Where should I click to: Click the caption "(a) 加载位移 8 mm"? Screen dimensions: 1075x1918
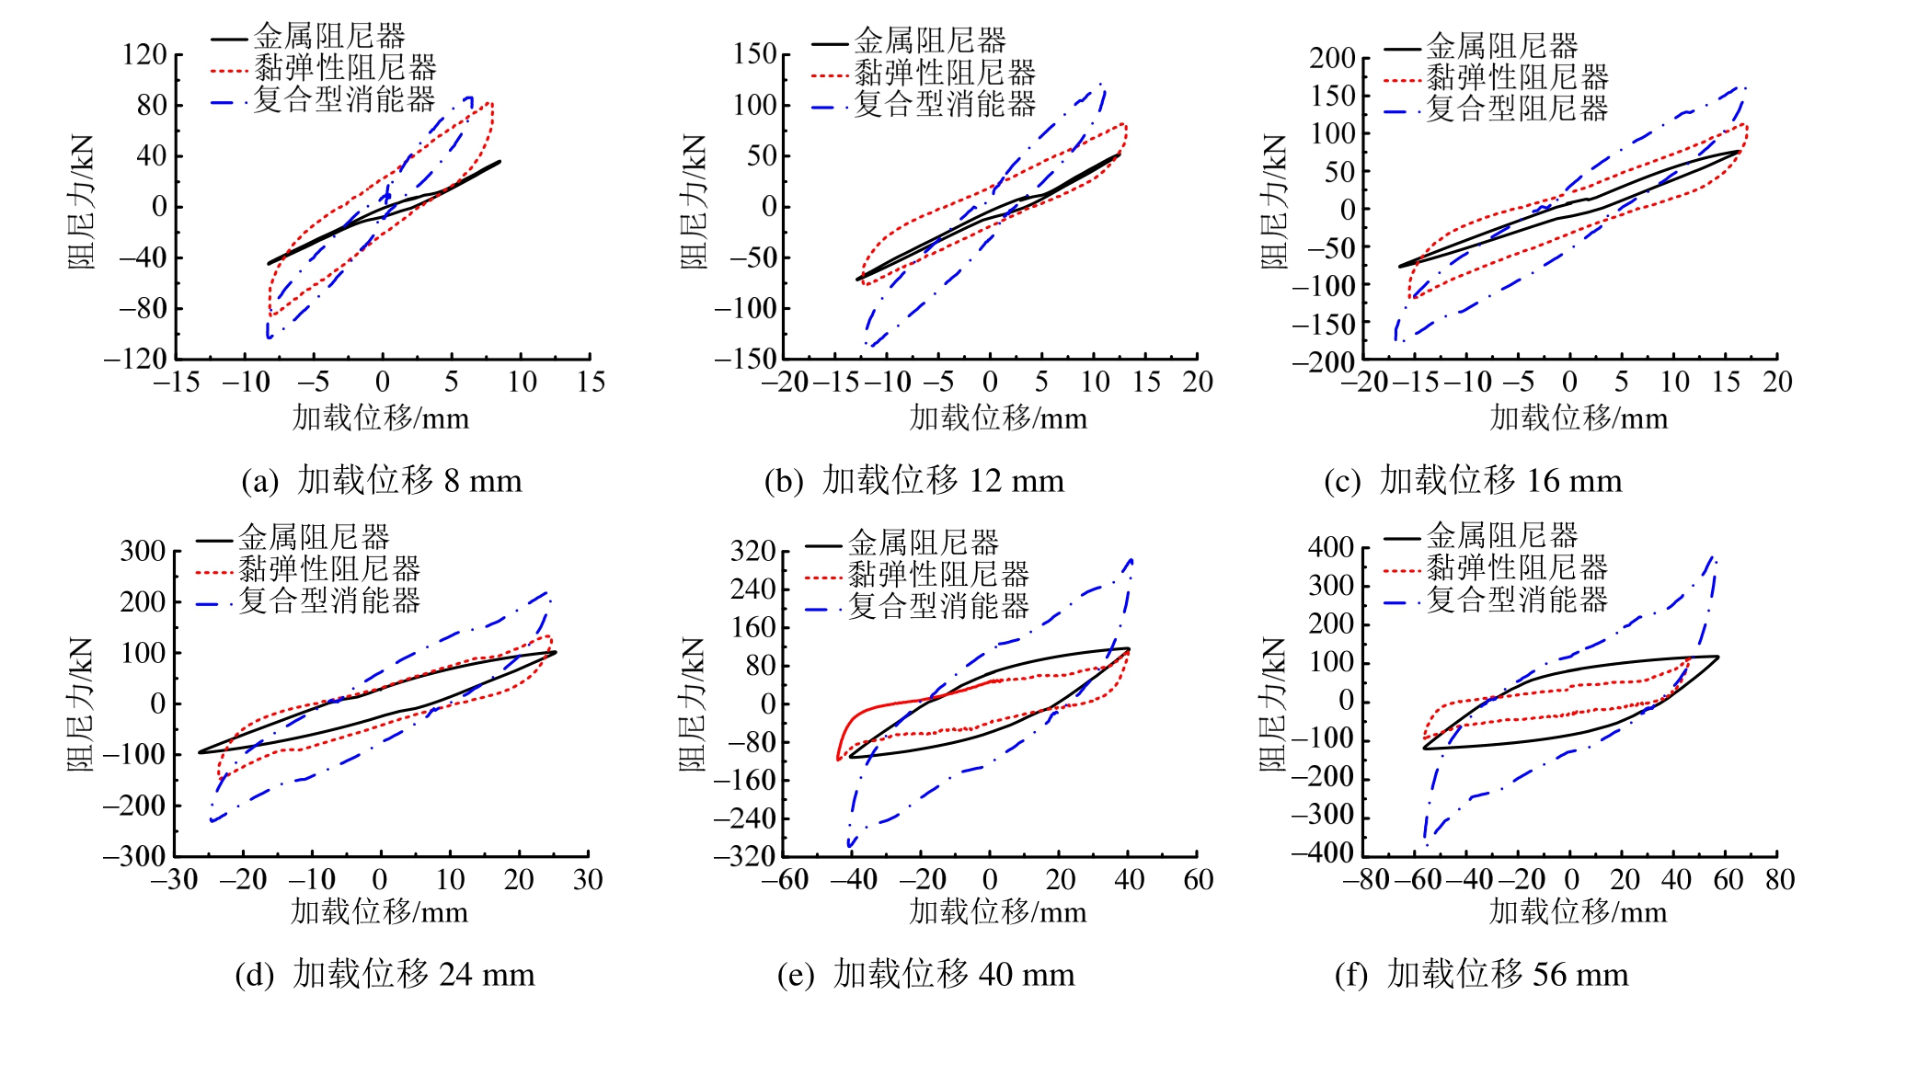click(x=382, y=481)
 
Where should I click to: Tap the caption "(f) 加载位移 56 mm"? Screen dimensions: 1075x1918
click(x=1481, y=974)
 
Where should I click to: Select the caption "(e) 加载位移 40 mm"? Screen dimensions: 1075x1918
click(x=925, y=974)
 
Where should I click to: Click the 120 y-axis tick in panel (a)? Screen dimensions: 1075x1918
click(x=144, y=54)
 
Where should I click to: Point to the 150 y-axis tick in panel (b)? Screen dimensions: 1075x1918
click(x=755, y=54)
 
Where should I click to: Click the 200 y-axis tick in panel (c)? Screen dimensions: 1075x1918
click(x=1333, y=58)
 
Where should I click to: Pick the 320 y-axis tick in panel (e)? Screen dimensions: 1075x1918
click(x=753, y=552)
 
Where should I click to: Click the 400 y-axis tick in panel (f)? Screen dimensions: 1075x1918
click(x=1331, y=548)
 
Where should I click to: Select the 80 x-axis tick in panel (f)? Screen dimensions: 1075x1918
click(x=1780, y=880)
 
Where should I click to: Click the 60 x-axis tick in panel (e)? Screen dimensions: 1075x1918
click(x=1199, y=880)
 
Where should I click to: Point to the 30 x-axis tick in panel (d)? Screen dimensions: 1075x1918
click(x=588, y=880)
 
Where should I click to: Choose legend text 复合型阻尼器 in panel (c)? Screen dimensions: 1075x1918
click(x=1517, y=109)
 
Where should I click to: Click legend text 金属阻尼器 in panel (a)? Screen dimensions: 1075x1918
click(x=329, y=37)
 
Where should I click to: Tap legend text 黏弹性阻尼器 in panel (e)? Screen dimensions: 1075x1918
click(x=938, y=575)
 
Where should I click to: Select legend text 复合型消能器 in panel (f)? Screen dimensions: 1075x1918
click(x=1517, y=600)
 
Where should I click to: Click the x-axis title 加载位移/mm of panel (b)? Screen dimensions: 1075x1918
click(x=998, y=418)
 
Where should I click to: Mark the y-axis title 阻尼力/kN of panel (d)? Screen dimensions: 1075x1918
click(x=81, y=703)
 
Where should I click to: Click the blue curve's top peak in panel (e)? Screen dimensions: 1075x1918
click(x=1131, y=558)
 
